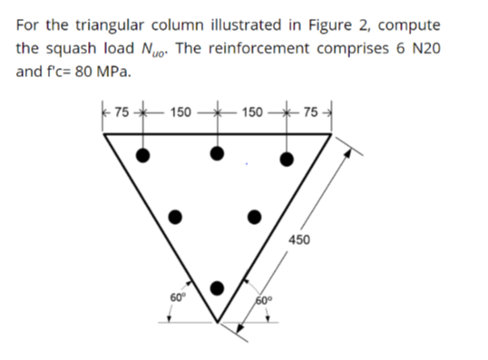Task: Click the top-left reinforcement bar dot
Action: tap(142, 154)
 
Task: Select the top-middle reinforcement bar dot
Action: tap(216, 153)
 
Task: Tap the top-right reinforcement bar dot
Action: tap(288, 160)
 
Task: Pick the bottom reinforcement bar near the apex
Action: tap(216, 288)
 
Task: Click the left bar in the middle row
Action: tap(179, 217)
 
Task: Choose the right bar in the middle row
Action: tap(255, 217)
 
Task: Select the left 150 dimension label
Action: tap(181, 112)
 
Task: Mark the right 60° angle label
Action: tap(266, 298)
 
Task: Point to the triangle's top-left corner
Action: tap(104, 133)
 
